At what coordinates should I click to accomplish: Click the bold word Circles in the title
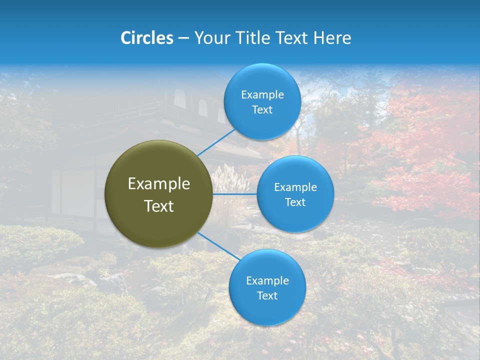click(147, 38)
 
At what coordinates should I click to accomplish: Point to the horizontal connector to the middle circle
click(234, 193)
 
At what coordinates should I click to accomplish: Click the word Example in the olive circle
click(159, 184)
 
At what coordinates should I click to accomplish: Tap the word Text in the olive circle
click(159, 206)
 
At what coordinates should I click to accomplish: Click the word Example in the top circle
click(262, 95)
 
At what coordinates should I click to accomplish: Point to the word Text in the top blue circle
click(262, 109)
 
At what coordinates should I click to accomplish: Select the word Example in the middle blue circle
click(295, 187)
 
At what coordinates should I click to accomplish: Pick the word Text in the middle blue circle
click(295, 202)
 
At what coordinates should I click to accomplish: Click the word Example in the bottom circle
click(267, 280)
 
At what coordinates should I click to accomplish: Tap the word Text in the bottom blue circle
click(267, 295)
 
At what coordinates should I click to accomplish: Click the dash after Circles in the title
click(183, 38)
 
